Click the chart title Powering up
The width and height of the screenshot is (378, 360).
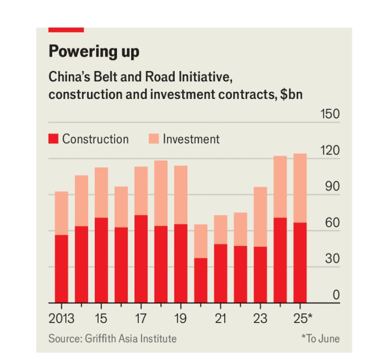click(x=94, y=51)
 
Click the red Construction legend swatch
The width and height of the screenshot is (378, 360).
click(x=53, y=139)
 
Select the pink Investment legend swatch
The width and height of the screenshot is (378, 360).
click(x=154, y=139)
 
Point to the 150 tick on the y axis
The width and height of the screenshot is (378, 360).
click(x=330, y=114)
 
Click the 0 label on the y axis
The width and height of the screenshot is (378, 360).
click(x=336, y=295)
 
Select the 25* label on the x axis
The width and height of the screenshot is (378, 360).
click(x=302, y=319)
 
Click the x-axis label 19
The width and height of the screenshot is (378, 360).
click(x=180, y=319)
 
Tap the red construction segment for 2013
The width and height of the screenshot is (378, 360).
click(x=61, y=269)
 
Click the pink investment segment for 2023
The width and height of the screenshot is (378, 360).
click(x=260, y=217)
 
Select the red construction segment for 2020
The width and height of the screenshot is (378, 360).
click(x=200, y=280)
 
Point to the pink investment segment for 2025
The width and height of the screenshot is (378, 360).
click(x=300, y=188)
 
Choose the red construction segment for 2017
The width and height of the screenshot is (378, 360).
click(x=141, y=259)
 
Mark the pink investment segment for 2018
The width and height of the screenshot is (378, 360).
click(x=161, y=193)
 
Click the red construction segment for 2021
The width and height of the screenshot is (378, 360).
click(x=221, y=273)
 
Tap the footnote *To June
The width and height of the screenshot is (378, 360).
click(x=320, y=339)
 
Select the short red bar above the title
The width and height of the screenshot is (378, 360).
click(x=66, y=30)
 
